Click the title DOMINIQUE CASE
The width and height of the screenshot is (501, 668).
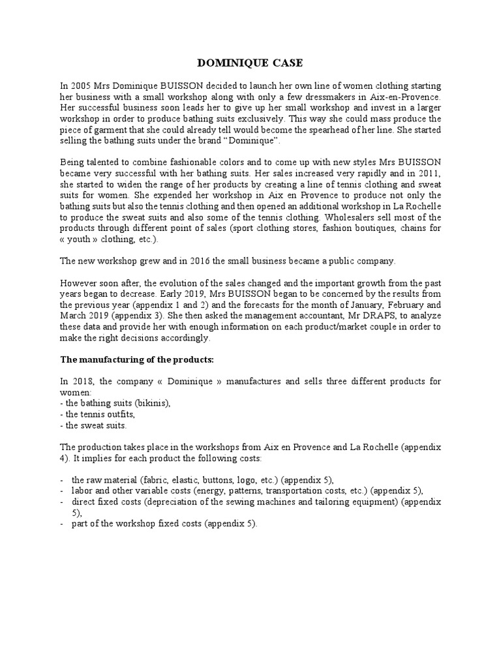(x=250, y=63)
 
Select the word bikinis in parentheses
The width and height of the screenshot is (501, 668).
(x=151, y=403)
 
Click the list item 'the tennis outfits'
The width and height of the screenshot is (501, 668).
(x=99, y=414)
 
